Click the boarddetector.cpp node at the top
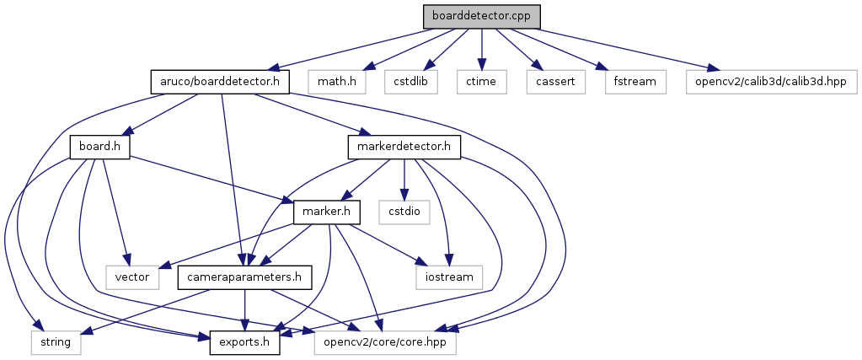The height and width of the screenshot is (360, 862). point(480,16)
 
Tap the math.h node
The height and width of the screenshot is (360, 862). point(331,81)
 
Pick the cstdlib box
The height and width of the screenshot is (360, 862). point(407,81)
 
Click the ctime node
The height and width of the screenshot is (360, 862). point(481,81)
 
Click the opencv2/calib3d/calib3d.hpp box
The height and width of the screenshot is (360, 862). point(773,81)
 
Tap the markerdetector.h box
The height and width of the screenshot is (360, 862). point(404,147)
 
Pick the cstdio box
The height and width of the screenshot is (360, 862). point(405,212)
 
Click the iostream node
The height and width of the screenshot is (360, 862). point(449,277)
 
